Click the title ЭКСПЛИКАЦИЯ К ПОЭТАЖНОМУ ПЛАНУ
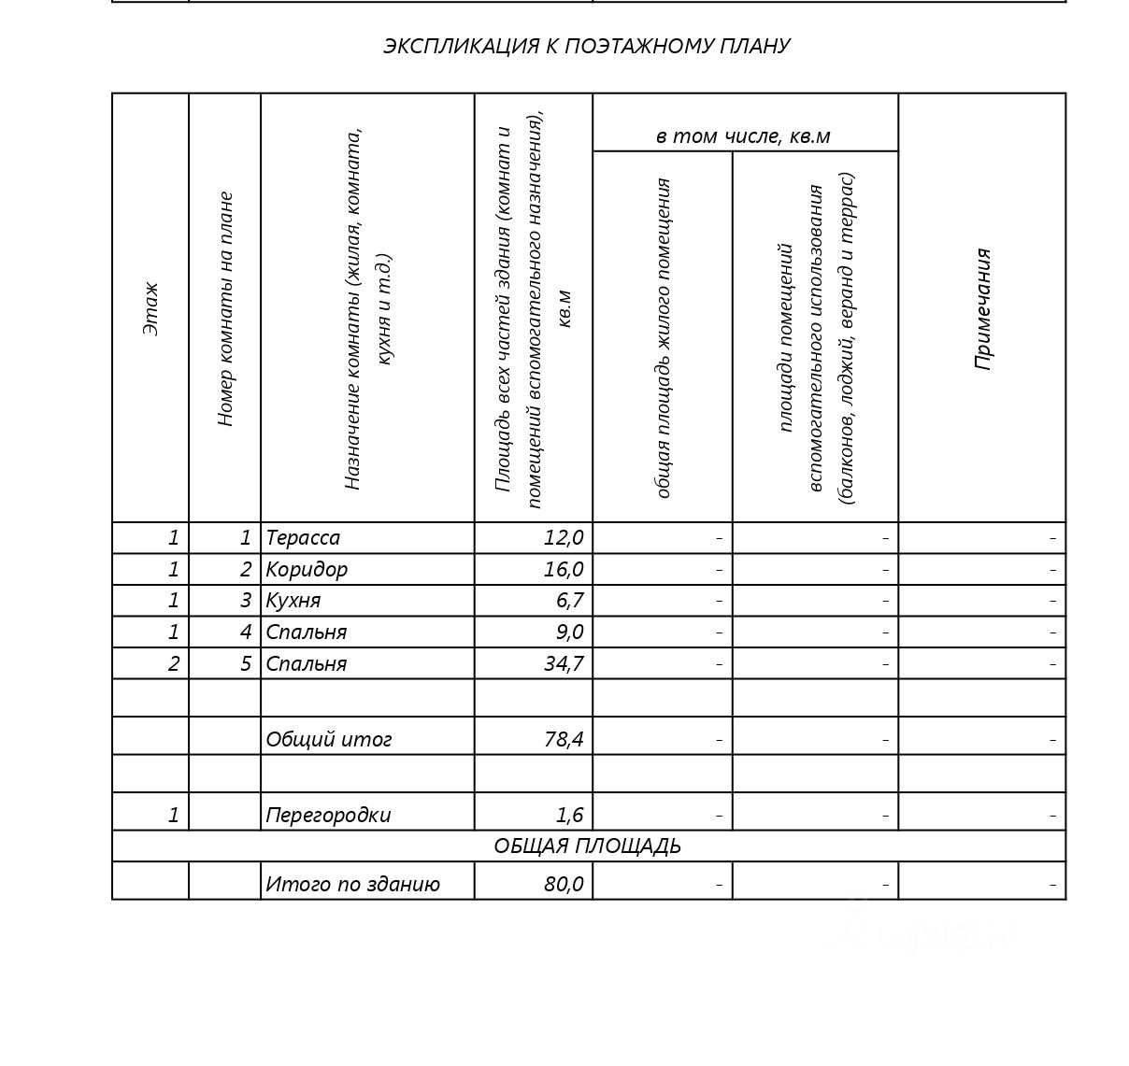click(586, 46)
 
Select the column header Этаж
click(150, 308)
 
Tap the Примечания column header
click(982, 308)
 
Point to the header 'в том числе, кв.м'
click(743, 136)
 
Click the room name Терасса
click(303, 538)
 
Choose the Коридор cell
click(307, 569)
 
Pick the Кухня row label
click(293, 601)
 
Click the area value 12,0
click(564, 538)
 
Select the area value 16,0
click(564, 569)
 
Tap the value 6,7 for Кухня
click(569, 601)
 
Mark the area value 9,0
click(569, 632)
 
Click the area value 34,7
click(563, 664)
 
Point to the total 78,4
click(564, 740)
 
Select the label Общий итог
click(329, 740)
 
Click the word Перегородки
click(328, 815)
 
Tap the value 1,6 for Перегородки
click(569, 815)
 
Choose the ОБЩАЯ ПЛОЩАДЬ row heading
click(587, 846)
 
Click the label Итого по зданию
click(352, 884)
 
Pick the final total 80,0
click(564, 884)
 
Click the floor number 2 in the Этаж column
click(173, 664)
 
